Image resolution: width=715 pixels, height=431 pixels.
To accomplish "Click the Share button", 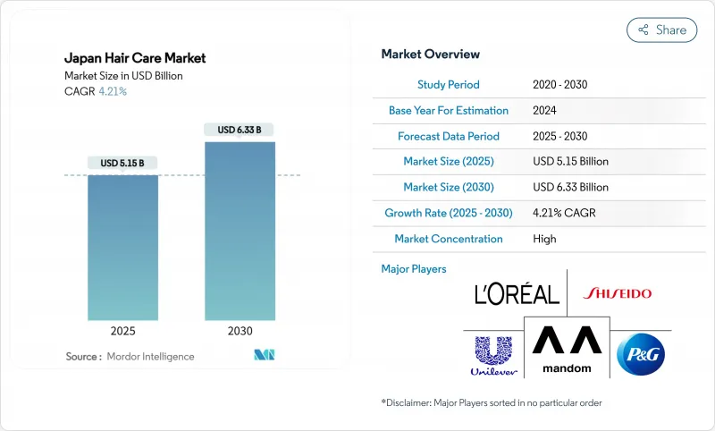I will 662,30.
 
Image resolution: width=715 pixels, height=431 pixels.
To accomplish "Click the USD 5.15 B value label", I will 122,163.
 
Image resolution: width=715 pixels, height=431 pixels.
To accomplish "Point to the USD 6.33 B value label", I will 240,130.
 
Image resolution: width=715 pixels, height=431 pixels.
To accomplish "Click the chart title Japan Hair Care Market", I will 135,58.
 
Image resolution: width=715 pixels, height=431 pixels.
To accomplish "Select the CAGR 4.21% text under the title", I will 96,91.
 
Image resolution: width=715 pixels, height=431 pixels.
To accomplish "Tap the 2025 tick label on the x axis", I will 122,331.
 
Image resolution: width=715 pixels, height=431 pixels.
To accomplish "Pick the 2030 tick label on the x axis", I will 240,331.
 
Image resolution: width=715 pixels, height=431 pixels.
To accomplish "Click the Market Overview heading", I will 431,55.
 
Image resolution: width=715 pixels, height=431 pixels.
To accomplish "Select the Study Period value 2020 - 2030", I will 559,84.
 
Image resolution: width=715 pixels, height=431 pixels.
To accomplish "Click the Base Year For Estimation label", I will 449,110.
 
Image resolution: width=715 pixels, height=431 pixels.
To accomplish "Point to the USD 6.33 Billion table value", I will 570,188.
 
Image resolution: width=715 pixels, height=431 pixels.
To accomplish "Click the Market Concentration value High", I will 544,239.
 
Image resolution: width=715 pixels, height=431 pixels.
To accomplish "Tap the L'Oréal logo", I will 517,293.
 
